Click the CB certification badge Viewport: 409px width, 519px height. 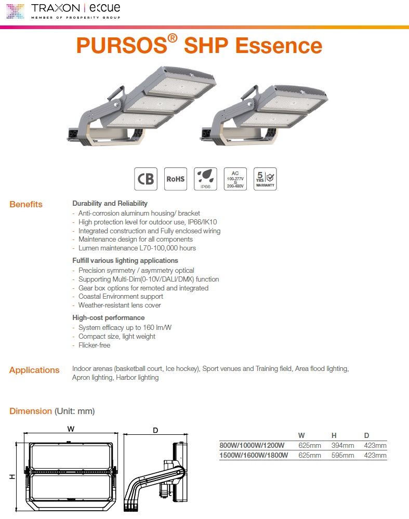(x=146, y=179)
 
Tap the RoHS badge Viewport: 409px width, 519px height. (x=175, y=179)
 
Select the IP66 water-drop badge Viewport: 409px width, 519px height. (x=205, y=179)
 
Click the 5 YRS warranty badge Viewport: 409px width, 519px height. (x=265, y=179)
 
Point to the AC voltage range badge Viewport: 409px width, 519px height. (x=235, y=179)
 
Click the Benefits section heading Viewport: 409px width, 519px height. (x=26, y=204)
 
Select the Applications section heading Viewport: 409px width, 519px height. (x=34, y=370)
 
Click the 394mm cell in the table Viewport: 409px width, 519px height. (x=342, y=445)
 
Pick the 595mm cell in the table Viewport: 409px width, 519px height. (x=342, y=456)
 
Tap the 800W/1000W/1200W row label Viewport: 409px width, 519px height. (x=252, y=445)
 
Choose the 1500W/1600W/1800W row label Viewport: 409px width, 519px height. (x=252, y=456)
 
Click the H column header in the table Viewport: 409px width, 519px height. (x=334, y=435)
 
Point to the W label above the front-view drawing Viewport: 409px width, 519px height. (x=71, y=429)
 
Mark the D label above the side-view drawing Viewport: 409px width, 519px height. (x=155, y=430)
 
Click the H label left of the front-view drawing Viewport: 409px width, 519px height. (x=12, y=476)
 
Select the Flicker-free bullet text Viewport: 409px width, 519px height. (x=94, y=345)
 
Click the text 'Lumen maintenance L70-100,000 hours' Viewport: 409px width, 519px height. (x=137, y=248)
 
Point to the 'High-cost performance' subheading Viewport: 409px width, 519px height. (x=108, y=317)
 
